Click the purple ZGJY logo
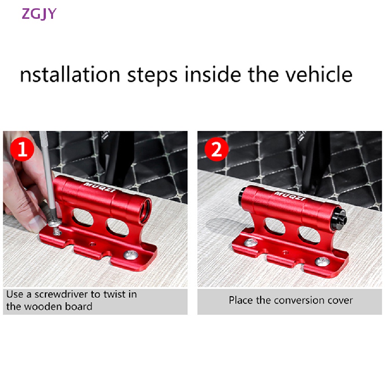coord(39,14)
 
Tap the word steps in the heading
coord(152,76)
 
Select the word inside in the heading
coord(213,74)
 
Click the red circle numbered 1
coord(22,149)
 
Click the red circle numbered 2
coord(216,149)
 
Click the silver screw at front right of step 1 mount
coord(130,255)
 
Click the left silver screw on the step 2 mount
coord(251,243)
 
